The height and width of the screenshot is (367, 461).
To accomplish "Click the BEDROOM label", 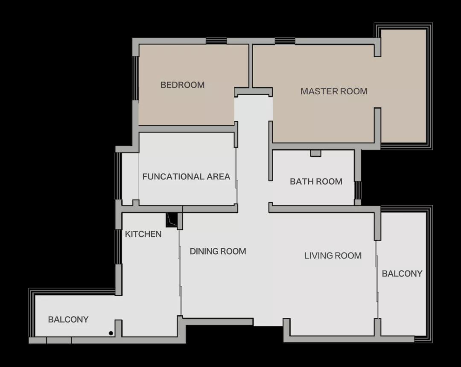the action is [182, 85].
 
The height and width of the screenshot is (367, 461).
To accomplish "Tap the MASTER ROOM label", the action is [334, 91].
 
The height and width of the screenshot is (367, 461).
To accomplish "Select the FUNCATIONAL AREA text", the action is [186, 176].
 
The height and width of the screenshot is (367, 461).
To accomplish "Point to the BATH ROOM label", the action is [316, 181].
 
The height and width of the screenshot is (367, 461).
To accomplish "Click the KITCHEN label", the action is [143, 234].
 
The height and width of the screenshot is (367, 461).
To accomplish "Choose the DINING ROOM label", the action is [218, 251].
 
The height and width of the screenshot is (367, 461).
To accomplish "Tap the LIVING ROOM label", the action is [333, 256].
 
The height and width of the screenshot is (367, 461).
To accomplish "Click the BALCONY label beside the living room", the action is [402, 274].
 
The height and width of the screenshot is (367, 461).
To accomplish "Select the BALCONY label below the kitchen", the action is [68, 319].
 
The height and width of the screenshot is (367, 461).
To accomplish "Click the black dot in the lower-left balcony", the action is [111, 333].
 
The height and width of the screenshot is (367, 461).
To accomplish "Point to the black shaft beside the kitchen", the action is [172, 220].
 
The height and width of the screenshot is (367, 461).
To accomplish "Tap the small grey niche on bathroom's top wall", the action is [316, 153].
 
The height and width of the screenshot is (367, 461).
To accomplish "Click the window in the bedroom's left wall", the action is [136, 78].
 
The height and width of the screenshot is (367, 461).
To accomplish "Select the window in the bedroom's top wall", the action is [216, 41].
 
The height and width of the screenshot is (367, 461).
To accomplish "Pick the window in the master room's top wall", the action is [285, 41].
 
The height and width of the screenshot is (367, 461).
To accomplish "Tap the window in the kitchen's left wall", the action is [118, 247].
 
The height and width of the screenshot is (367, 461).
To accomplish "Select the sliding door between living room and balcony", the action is [377, 279].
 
